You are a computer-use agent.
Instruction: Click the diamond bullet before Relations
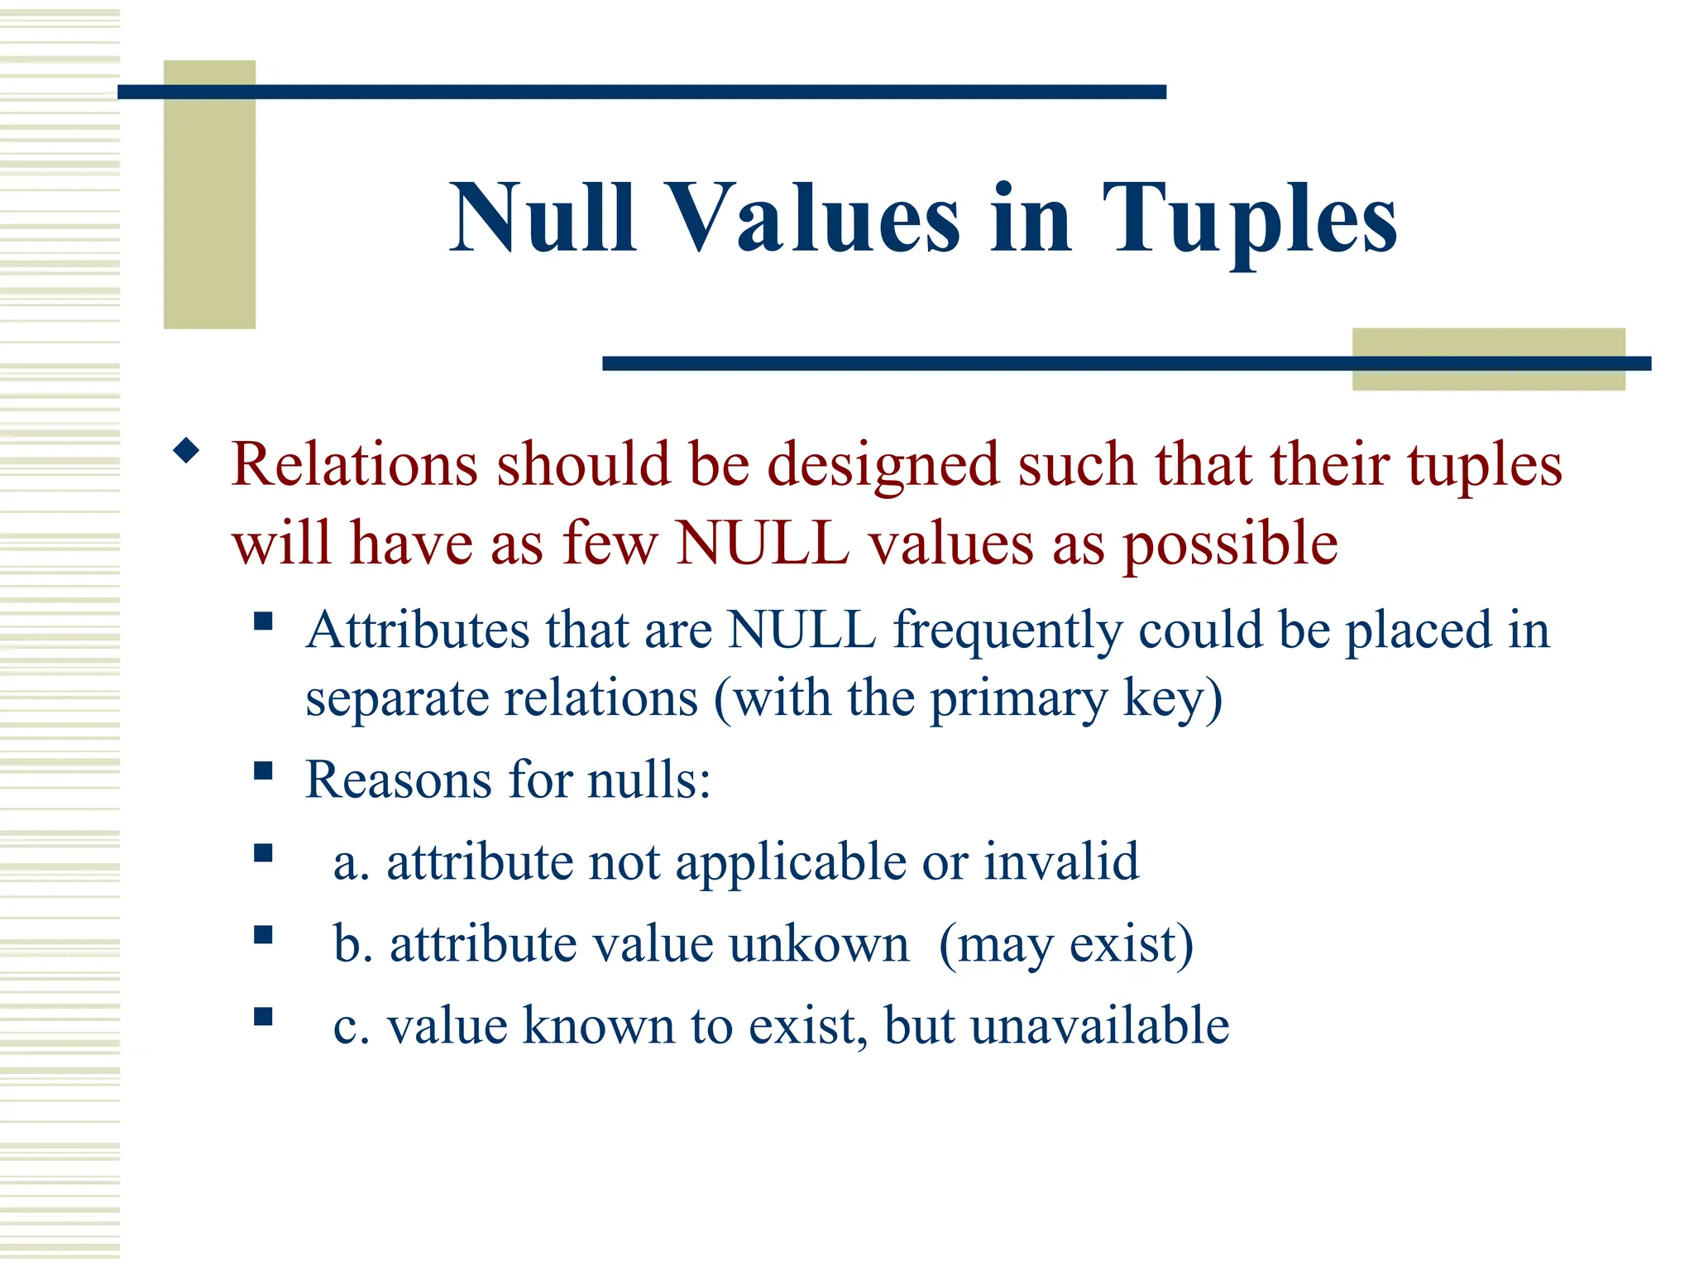187,451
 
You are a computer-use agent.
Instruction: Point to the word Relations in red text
354,465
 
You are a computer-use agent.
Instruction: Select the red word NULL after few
763,544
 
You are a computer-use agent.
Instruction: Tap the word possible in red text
1230,544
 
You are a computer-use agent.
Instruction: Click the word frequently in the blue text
1007,631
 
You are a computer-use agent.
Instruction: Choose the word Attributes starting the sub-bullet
418,631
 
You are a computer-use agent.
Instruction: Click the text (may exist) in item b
1066,945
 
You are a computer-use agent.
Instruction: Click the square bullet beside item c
263,1016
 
